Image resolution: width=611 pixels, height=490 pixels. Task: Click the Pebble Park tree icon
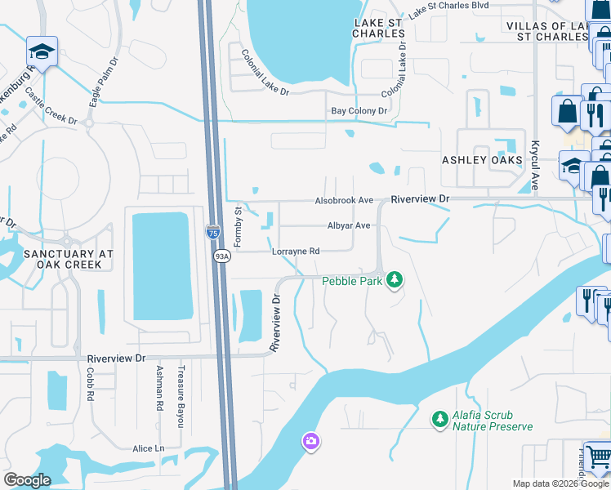pyautogui.click(x=395, y=280)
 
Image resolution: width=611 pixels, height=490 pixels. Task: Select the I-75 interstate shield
pyautogui.click(x=213, y=233)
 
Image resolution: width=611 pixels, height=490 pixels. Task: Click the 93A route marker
pyautogui.click(x=221, y=256)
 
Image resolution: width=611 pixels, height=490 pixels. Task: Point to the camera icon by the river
pyautogui.click(x=310, y=442)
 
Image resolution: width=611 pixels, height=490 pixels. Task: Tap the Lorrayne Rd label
pyautogui.click(x=295, y=252)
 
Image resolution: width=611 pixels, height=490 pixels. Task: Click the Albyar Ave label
pyautogui.click(x=349, y=226)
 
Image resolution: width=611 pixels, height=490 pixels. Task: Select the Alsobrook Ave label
pyautogui.click(x=344, y=201)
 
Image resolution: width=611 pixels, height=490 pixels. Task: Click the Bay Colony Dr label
pyautogui.click(x=359, y=111)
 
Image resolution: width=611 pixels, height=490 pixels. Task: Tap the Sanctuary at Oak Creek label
pyautogui.click(x=56, y=260)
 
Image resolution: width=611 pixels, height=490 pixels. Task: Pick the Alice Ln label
pyautogui.click(x=149, y=448)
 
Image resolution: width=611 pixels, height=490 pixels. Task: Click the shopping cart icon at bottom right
pyautogui.click(x=599, y=457)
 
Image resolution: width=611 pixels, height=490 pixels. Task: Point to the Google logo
pyautogui.click(x=27, y=480)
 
